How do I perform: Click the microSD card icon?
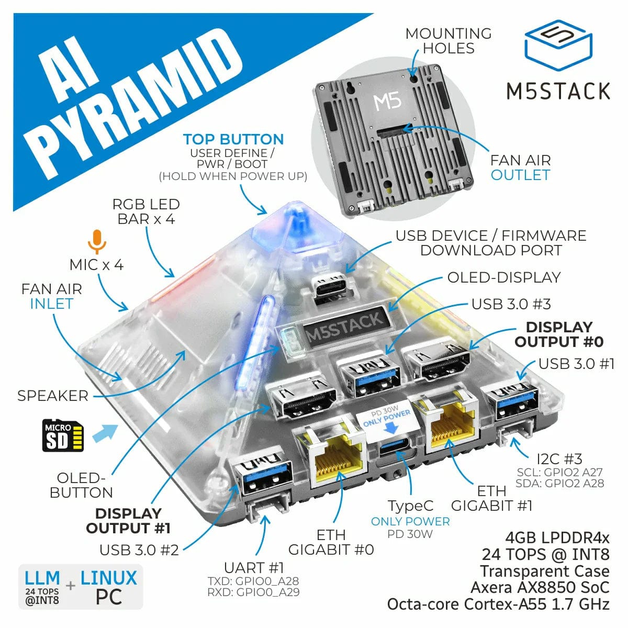[x=63, y=435]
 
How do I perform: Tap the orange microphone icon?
[x=96, y=241]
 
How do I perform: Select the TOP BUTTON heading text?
[x=233, y=140]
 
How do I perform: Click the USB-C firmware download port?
[x=329, y=287]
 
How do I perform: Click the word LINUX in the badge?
[x=108, y=578]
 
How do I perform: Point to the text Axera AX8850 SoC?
[x=540, y=588]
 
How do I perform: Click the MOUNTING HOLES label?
[x=448, y=41]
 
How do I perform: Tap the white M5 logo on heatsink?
[x=388, y=101]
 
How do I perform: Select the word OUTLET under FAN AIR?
[x=520, y=175]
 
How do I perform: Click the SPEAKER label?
[x=53, y=396]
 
